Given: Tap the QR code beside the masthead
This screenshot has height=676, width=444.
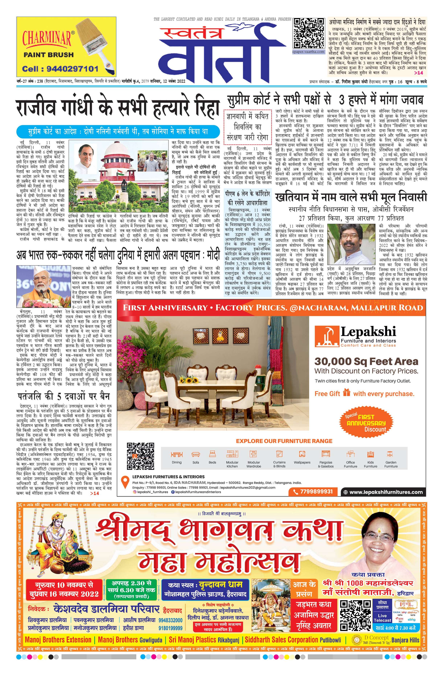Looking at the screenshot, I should pyautogui.click(x=309, y=33).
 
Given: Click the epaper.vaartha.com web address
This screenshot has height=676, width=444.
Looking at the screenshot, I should pyautogui.click(x=309, y=52).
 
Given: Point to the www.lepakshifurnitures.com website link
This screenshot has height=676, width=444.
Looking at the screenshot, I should pyautogui.click(x=386, y=492).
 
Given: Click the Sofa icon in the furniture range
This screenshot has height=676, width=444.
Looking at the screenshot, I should pyautogui.click(x=196, y=454).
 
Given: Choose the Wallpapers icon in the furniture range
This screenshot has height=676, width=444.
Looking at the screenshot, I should pyautogui.click(x=302, y=454).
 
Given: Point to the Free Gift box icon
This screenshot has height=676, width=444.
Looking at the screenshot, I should pyautogui.click(x=347, y=393).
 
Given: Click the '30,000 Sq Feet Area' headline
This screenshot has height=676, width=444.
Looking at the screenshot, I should pyautogui.click(x=366, y=361).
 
